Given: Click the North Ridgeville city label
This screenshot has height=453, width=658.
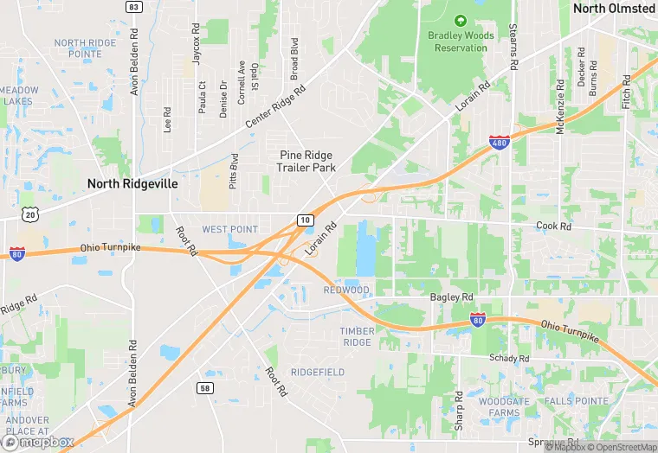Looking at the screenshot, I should coord(132,184).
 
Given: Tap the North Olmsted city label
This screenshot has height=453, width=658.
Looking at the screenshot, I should coord(614,9).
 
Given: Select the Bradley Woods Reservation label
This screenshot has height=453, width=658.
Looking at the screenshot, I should coord(461,41).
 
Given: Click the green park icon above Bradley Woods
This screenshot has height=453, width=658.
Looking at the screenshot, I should coord(461,20).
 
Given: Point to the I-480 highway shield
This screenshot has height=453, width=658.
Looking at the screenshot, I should coord(499,142).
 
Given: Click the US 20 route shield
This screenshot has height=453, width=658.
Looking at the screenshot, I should coord(30,214).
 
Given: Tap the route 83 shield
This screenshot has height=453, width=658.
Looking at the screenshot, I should coord(133,7).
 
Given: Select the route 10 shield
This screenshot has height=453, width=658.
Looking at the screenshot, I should coord(305,220).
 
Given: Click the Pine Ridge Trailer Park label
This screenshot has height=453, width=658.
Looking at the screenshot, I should coord(306,161).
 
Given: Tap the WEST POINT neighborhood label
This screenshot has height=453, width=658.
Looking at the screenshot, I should coord(229,229).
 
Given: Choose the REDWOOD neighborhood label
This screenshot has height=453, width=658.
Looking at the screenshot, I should coord(346,290).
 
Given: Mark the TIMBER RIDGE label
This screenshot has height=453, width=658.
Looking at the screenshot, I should coord(357,336).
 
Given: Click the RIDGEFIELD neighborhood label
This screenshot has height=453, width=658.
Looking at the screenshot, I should coord(318,372).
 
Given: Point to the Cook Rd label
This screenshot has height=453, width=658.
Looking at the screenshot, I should coord(554,226).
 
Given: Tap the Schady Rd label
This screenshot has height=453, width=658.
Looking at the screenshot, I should coord(508,358).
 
